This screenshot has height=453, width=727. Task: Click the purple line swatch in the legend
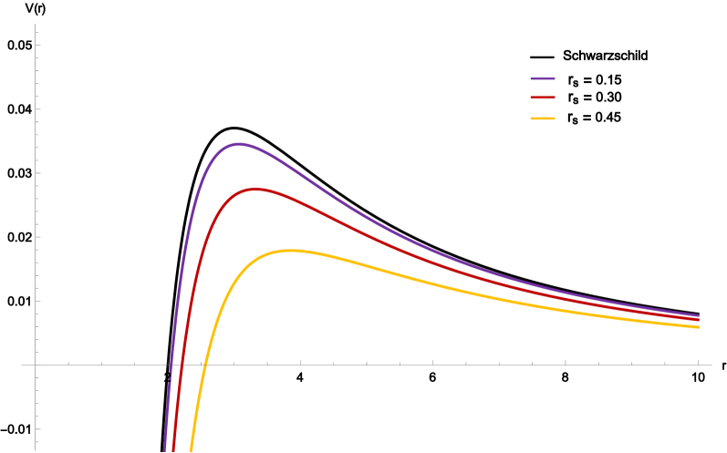coord(543,79)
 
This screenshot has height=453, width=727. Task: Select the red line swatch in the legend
coord(543,98)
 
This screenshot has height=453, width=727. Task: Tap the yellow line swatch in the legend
coord(543,118)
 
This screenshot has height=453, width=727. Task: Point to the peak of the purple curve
coord(239,143)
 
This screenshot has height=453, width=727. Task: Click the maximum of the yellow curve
coord(290,250)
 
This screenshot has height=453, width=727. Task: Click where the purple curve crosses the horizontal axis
coord(171,365)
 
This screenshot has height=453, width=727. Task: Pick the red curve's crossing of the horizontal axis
coord(181,365)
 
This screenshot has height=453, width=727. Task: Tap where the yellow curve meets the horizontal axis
coord(203,365)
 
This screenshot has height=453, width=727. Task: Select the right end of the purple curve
coord(699,315)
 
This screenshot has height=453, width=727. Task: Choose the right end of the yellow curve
coord(699,326)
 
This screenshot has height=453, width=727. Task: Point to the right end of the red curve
coord(699,320)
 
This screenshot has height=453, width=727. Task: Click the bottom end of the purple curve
coord(165,450)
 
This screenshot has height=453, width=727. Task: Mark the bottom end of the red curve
coord(173,450)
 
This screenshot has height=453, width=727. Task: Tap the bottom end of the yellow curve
coord(191,450)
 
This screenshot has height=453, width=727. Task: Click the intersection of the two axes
coord(36,365)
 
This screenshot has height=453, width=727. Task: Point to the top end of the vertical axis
coord(36,25)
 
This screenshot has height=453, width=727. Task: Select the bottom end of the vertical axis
coord(36,450)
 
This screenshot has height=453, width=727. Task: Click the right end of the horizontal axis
coord(711,365)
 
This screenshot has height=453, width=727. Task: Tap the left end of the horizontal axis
coord(22,365)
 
